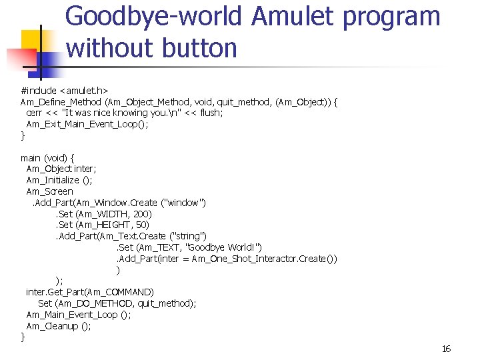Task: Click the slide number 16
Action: click(446, 349)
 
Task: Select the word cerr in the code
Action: click(34, 113)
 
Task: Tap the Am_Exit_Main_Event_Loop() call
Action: click(87, 125)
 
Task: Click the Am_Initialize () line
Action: click(59, 180)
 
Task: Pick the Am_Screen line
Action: click(49, 191)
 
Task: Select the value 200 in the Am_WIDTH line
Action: click(141, 214)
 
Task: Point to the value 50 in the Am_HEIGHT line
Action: click(141, 225)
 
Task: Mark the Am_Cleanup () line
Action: click(59, 326)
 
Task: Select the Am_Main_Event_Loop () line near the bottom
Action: click(78, 315)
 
